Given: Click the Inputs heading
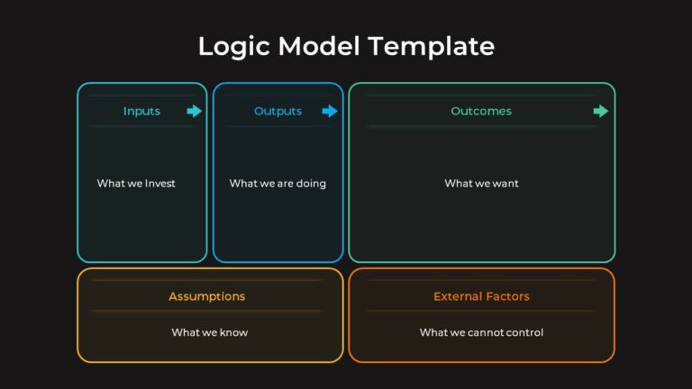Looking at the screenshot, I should click(141, 112).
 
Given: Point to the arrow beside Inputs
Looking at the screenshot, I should click(195, 112).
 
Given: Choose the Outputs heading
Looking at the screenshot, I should click(278, 112).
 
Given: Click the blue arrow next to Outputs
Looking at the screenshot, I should click(330, 112).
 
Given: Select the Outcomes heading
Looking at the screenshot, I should click(481, 112).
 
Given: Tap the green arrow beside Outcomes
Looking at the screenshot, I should click(601, 112).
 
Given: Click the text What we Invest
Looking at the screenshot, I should click(136, 184).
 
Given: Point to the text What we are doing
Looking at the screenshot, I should click(278, 184).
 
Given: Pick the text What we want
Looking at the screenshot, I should click(481, 184).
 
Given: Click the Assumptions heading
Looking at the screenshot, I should click(206, 296).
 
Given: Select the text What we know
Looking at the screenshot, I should click(209, 332).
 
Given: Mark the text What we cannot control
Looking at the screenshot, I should click(481, 332).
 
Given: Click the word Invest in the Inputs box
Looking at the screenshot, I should click(159, 184).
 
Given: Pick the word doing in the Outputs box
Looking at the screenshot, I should click(310, 184).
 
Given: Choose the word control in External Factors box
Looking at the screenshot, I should click(524, 332).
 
